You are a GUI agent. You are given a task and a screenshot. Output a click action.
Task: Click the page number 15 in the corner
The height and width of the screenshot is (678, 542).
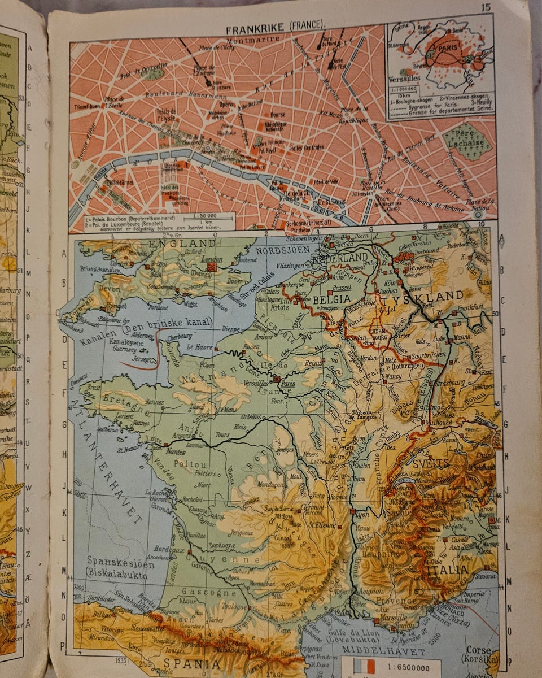click(486, 7)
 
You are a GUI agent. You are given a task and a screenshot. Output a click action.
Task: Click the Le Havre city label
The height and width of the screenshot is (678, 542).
click(198, 346)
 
